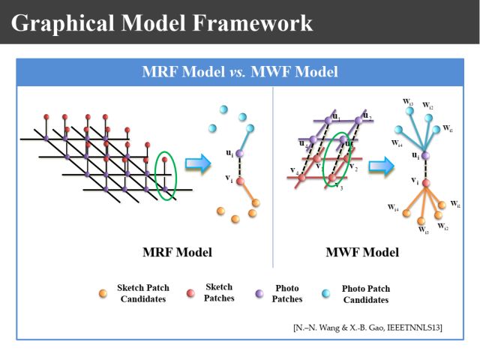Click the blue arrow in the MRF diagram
click(196, 165)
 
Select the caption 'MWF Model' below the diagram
click(362, 252)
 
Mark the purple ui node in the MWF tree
click(424, 155)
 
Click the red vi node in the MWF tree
click(424, 182)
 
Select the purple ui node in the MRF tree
click(239, 153)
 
